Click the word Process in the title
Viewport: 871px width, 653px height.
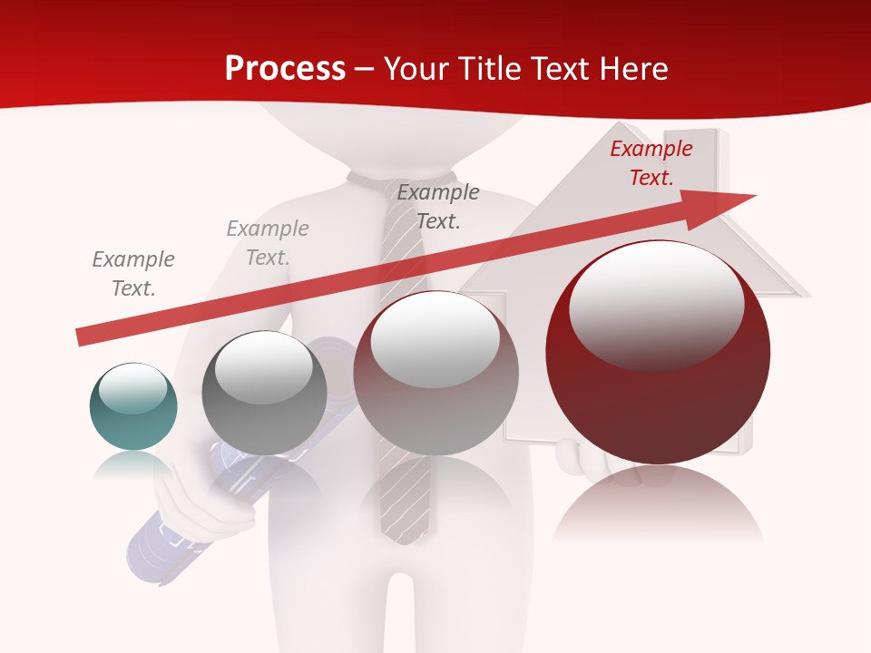click(x=285, y=69)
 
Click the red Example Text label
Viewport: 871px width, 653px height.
click(x=651, y=163)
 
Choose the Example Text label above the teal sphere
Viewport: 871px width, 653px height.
click(x=132, y=274)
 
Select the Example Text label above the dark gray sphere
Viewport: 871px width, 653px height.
click(x=267, y=243)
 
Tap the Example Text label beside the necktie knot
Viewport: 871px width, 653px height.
click(x=437, y=207)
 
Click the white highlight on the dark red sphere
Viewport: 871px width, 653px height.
click(x=656, y=304)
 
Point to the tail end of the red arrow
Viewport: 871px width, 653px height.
click(x=80, y=337)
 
